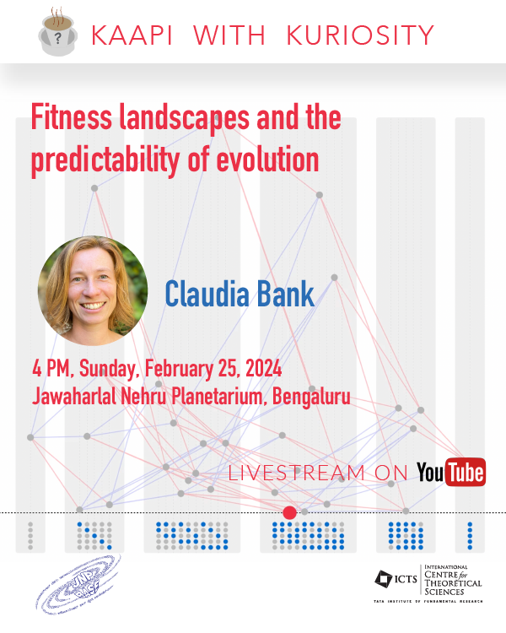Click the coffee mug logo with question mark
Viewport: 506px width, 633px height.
click(57, 32)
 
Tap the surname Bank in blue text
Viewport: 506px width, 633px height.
click(286, 293)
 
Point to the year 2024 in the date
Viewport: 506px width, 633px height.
click(256, 370)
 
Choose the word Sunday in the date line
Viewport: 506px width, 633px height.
click(109, 370)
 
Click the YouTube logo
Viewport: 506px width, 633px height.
click(451, 473)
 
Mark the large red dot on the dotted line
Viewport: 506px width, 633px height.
click(289, 512)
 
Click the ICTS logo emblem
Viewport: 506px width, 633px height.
click(385, 580)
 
